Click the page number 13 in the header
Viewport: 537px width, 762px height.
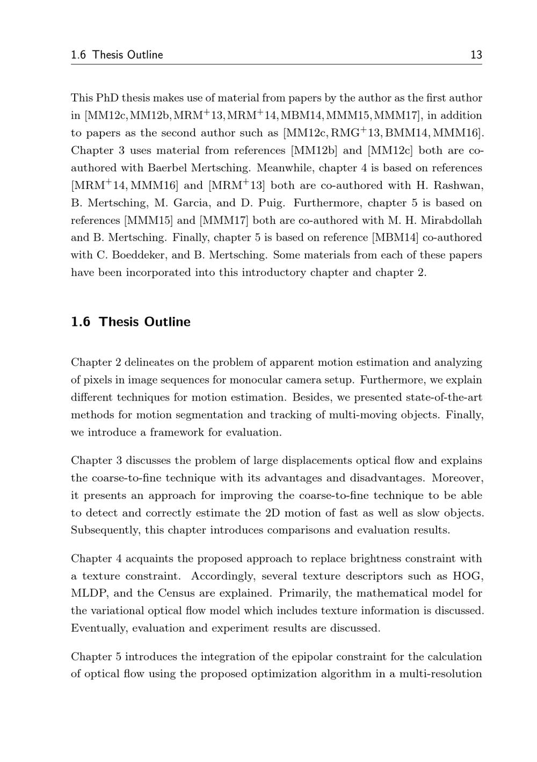476,55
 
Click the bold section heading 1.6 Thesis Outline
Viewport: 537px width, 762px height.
130,322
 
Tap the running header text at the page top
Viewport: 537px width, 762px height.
117,55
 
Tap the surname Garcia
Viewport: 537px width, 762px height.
191,203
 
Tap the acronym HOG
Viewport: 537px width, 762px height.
468,576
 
